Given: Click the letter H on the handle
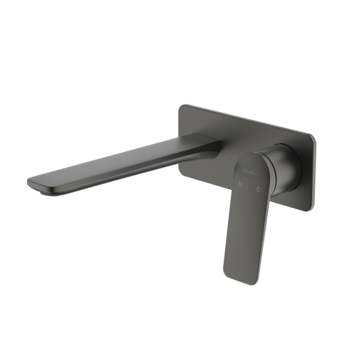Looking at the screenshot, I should [240, 184].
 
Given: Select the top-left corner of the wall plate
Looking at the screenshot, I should [183, 106].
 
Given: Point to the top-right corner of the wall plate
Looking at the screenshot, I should [314, 136].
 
